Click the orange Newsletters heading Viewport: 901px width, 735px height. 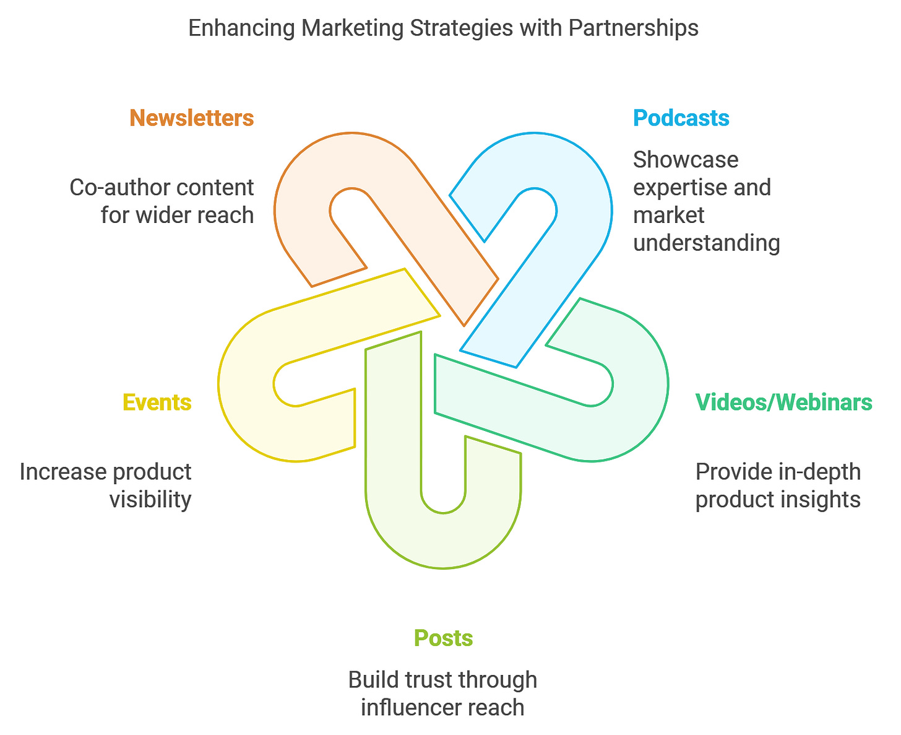tap(191, 118)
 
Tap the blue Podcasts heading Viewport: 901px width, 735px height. tap(681, 118)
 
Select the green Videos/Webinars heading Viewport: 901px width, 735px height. tap(783, 402)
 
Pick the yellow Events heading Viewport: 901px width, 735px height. tap(157, 402)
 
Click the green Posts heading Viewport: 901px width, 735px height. tap(443, 638)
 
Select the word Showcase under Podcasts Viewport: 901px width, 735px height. tap(686, 160)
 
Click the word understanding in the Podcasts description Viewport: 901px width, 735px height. tap(706, 243)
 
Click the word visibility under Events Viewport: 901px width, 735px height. tap(150, 499)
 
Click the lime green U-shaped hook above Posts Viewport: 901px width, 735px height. tap(443, 539)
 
